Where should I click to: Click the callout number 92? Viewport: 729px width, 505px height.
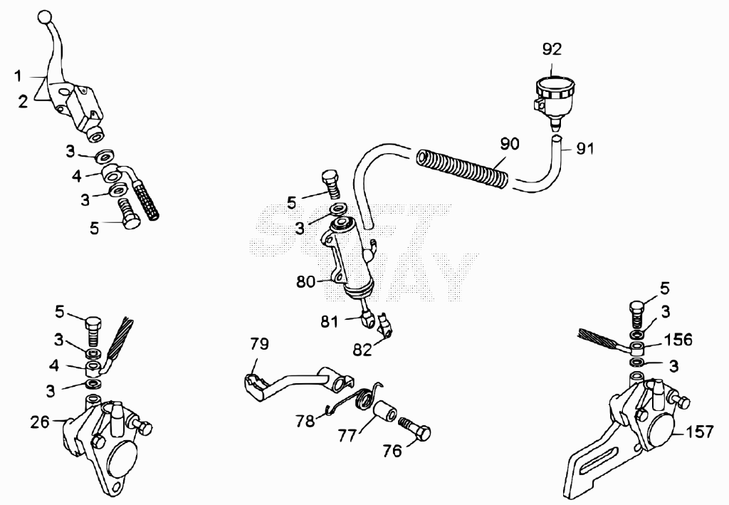[x=552, y=49]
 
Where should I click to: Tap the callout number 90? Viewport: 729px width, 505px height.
[x=510, y=144]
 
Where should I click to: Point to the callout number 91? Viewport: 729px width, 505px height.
[x=585, y=149]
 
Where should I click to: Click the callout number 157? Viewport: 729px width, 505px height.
[x=699, y=432]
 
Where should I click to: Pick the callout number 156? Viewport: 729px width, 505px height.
[x=678, y=340]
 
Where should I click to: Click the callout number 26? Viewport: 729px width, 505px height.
[x=40, y=422]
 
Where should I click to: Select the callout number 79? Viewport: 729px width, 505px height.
[x=259, y=344]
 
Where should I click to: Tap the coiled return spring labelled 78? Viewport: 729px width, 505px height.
[x=356, y=398]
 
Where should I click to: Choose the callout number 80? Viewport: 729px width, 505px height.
[x=305, y=282]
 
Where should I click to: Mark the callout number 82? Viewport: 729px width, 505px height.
[x=362, y=350]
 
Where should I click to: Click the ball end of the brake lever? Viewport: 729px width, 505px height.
[x=44, y=17]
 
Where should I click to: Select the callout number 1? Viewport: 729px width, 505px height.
[x=18, y=76]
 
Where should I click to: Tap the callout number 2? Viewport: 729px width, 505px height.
[x=23, y=101]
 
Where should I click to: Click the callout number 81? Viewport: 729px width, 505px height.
[x=329, y=322]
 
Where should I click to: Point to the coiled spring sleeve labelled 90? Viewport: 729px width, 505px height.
[x=461, y=170]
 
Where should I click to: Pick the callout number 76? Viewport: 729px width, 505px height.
[x=392, y=451]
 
